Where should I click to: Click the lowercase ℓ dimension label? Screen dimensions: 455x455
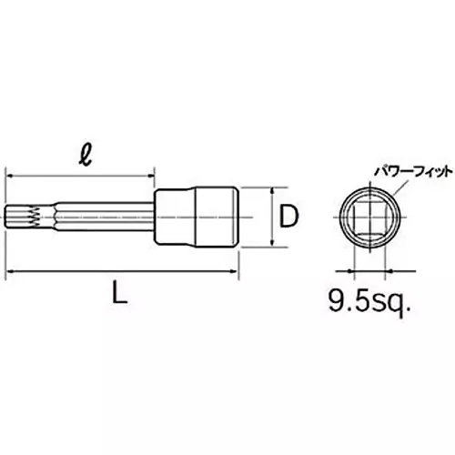click(86, 157)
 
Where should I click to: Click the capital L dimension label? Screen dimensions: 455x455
click(119, 292)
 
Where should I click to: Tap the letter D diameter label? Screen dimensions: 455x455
click(288, 217)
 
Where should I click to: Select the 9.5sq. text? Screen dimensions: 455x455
click(369, 301)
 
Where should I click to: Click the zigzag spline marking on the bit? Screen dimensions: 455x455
click(35, 217)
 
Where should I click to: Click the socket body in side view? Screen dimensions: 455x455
click(197, 217)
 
